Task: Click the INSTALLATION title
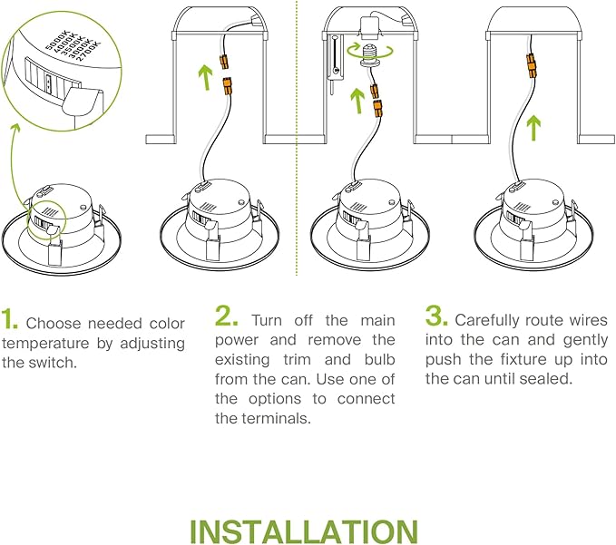[x=304, y=530]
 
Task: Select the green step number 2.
[x=227, y=316]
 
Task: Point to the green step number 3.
[x=436, y=316]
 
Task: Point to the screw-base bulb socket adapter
[x=370, y=57]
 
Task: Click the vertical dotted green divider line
[x=297, y=136]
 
